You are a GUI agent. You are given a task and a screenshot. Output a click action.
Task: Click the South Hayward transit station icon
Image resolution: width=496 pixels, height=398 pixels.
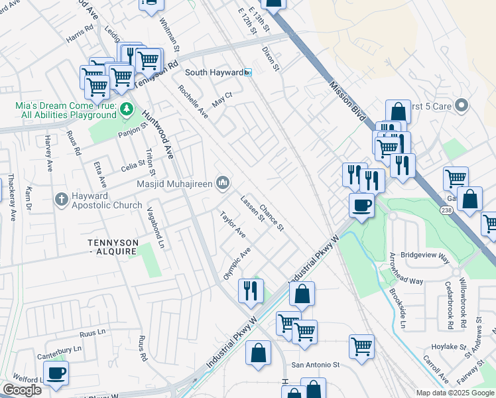point(248,72)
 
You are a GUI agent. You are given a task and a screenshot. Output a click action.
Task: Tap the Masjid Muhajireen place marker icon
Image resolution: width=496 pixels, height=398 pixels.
point(224,182)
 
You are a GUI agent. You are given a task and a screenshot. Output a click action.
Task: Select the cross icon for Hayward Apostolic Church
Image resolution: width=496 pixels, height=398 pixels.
point(61,198)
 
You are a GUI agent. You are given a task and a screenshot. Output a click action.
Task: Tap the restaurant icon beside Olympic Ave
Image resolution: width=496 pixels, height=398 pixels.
point(251,291)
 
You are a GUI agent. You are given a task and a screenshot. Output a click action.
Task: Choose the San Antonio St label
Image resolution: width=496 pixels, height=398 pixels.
point(316,365)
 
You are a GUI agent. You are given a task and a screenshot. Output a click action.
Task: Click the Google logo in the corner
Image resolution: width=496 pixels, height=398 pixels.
point(22,390)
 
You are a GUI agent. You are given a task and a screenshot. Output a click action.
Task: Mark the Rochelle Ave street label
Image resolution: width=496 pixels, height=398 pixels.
point(193,102)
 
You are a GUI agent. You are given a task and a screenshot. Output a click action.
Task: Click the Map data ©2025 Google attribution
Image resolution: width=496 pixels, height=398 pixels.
point(455,393)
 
